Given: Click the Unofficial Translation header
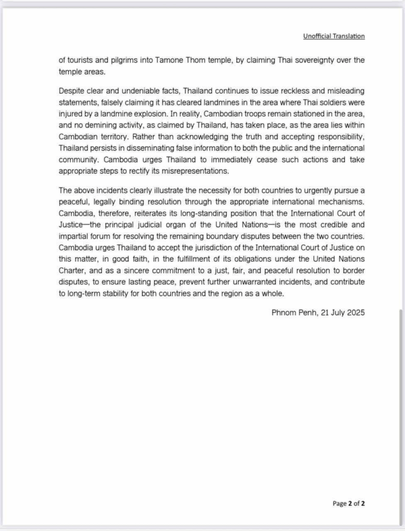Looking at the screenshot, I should [334, 36].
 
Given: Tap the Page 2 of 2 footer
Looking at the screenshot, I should [348, 502].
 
